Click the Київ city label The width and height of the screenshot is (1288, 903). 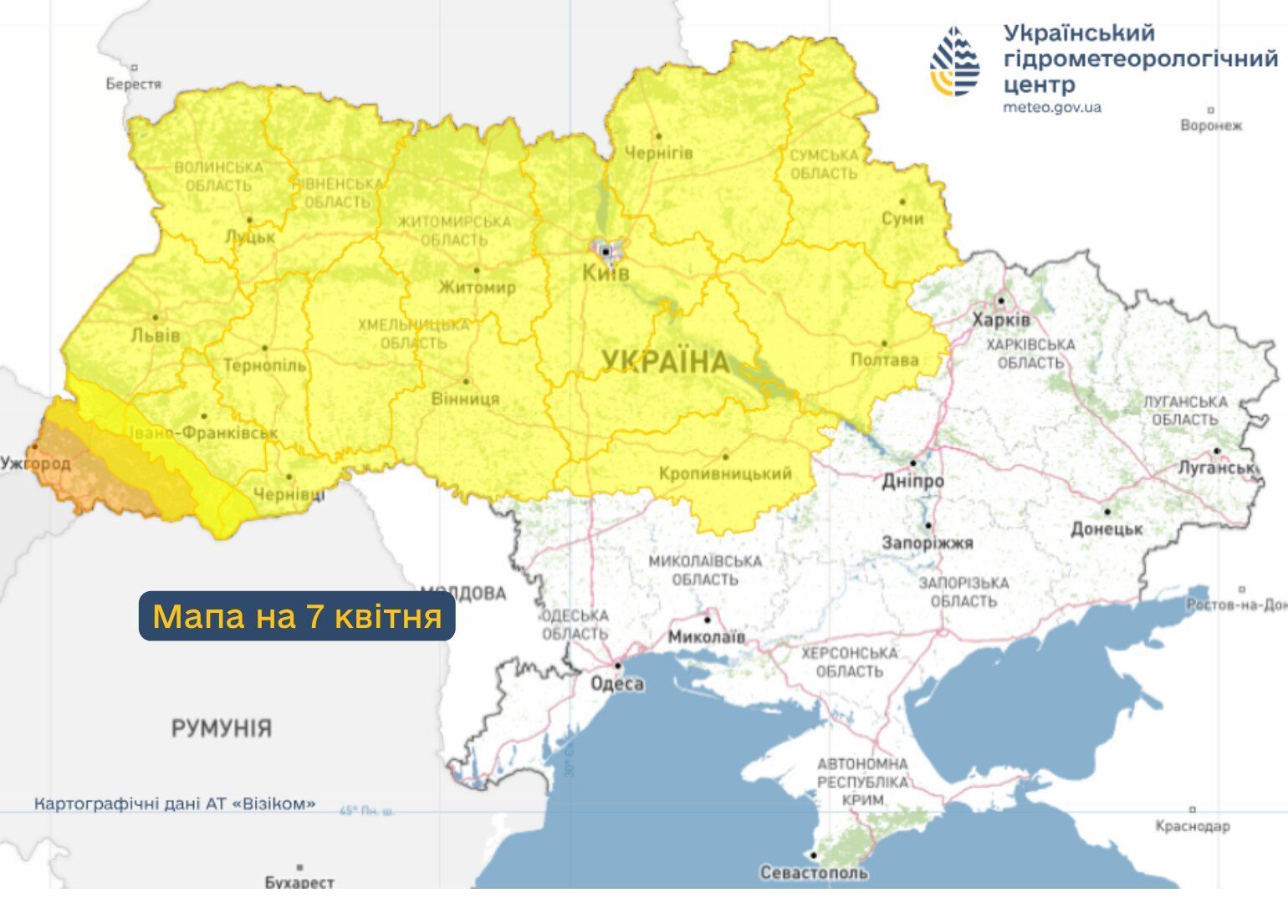606,273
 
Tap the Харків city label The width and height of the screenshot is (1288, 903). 1001,320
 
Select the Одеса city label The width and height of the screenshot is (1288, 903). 617,684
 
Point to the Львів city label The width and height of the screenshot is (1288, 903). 156,336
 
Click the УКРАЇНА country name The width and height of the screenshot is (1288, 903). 666,362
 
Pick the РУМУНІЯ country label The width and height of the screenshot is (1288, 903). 222,728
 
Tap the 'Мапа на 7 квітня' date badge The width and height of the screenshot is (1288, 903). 297,617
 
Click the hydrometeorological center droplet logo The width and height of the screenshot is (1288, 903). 955,61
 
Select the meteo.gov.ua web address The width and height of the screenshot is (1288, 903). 1051,108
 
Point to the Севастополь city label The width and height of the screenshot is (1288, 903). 813,873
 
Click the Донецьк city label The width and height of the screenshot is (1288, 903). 1107,528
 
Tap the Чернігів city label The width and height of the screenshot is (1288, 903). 659,154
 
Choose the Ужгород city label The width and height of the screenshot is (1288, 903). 36,463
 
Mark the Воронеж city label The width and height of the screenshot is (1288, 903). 1211,125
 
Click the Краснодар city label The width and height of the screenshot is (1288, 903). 1193,826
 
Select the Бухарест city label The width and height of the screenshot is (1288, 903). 299,882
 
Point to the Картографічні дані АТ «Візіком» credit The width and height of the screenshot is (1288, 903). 175,804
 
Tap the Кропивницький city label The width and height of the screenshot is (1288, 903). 725,474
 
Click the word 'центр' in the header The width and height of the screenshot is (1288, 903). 1039,84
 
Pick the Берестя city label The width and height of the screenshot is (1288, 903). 134,84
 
